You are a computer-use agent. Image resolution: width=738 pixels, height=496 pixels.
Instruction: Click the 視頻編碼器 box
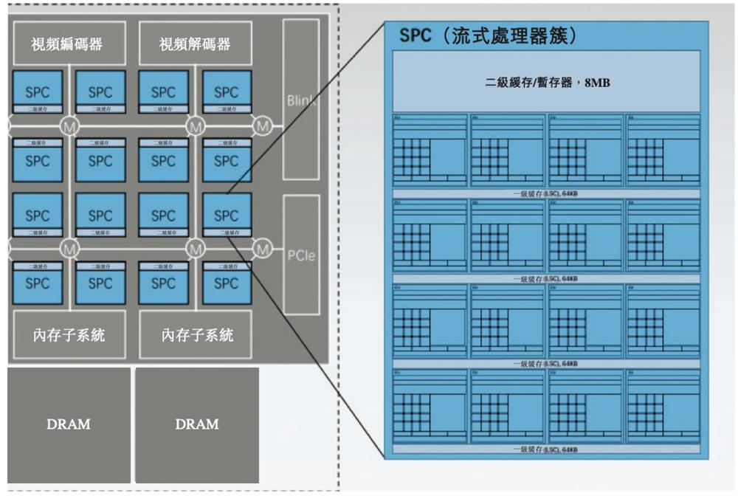click(67, 44)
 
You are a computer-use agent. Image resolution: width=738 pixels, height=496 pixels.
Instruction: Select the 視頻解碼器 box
click(195, 44)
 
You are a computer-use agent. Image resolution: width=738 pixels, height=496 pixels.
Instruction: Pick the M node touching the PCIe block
click(263, 249)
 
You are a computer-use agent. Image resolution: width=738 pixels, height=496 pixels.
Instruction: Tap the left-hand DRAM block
click(69, 424)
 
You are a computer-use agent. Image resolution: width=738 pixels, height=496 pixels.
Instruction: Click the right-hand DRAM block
click(197, 424)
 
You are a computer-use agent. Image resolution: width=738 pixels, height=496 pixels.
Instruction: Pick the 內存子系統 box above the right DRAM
click(196, 336)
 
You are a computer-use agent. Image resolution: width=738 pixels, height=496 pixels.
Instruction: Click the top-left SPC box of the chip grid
click(38, 92)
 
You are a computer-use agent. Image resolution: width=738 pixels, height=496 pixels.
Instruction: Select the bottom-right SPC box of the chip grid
click(226, 282)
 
